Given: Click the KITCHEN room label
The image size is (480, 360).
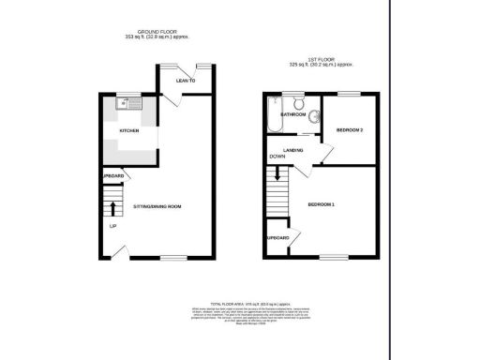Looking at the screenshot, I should click(129, 130).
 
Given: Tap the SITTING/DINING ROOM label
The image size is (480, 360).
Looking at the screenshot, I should click(156, 204).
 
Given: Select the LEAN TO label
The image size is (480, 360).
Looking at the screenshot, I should click(186, 81).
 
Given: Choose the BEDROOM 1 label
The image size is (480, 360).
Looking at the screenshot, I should click(321, 204).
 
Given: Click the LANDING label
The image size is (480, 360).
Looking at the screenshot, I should click(292, 150).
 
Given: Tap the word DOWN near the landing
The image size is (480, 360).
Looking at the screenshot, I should click(277, 157).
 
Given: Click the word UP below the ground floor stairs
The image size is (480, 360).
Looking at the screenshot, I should click(112, 227).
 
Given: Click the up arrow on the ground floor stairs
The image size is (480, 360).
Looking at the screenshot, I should click(112, 205).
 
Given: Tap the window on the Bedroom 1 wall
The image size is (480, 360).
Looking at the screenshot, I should click(332, 256).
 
